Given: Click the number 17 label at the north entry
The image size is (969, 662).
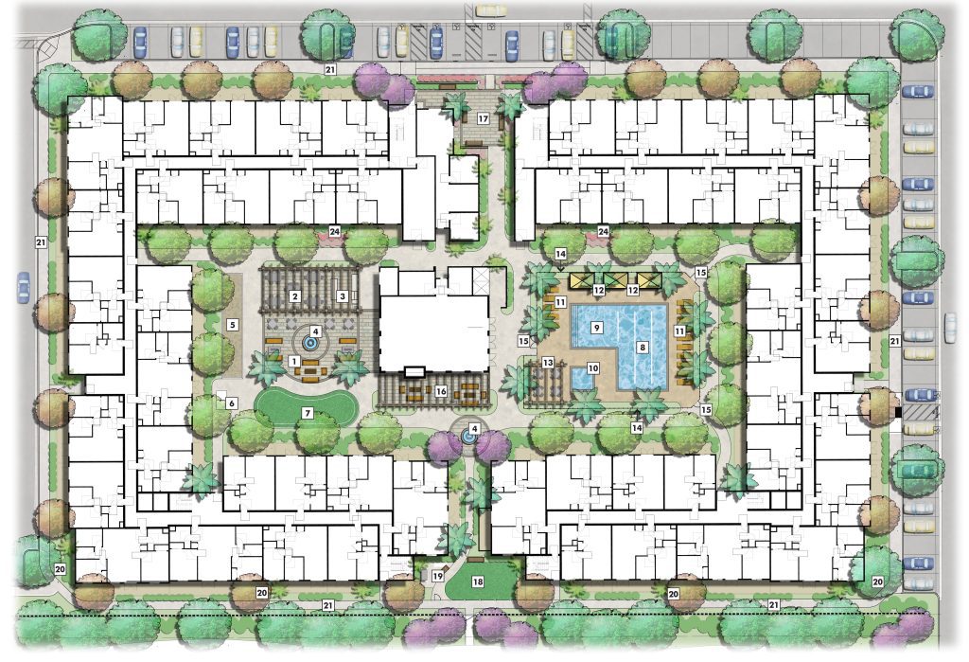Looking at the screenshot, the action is (484, 118).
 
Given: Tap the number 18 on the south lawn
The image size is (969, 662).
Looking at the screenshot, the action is (478, 581).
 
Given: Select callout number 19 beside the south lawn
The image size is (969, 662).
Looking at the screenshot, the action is (437, 576).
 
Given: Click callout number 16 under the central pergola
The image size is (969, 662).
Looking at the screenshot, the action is (441, 391).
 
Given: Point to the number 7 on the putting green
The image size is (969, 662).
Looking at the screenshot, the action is (308, 413).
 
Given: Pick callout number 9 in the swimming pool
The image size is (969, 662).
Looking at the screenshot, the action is (596, 328).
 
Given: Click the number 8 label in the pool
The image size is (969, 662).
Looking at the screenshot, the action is (643, 347).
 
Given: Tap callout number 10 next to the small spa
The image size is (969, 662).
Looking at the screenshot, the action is (593, 368).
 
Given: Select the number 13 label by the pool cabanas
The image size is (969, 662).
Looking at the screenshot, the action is (548, 362).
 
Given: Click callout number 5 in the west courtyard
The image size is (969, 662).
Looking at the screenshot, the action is (233, 324).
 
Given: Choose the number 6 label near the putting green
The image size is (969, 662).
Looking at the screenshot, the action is (232, 403).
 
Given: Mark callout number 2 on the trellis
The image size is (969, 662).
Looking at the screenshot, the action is (295, 296).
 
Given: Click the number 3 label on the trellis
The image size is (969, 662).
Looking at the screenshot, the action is (343, 296).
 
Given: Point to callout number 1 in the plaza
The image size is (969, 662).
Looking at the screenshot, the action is (294, 361).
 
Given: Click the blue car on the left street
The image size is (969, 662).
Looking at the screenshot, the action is (24, 287).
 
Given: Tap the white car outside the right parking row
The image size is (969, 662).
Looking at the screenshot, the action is (950, 328).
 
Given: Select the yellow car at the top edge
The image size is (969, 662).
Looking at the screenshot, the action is (491, 9).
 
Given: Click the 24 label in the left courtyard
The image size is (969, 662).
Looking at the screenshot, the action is (334, 231).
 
